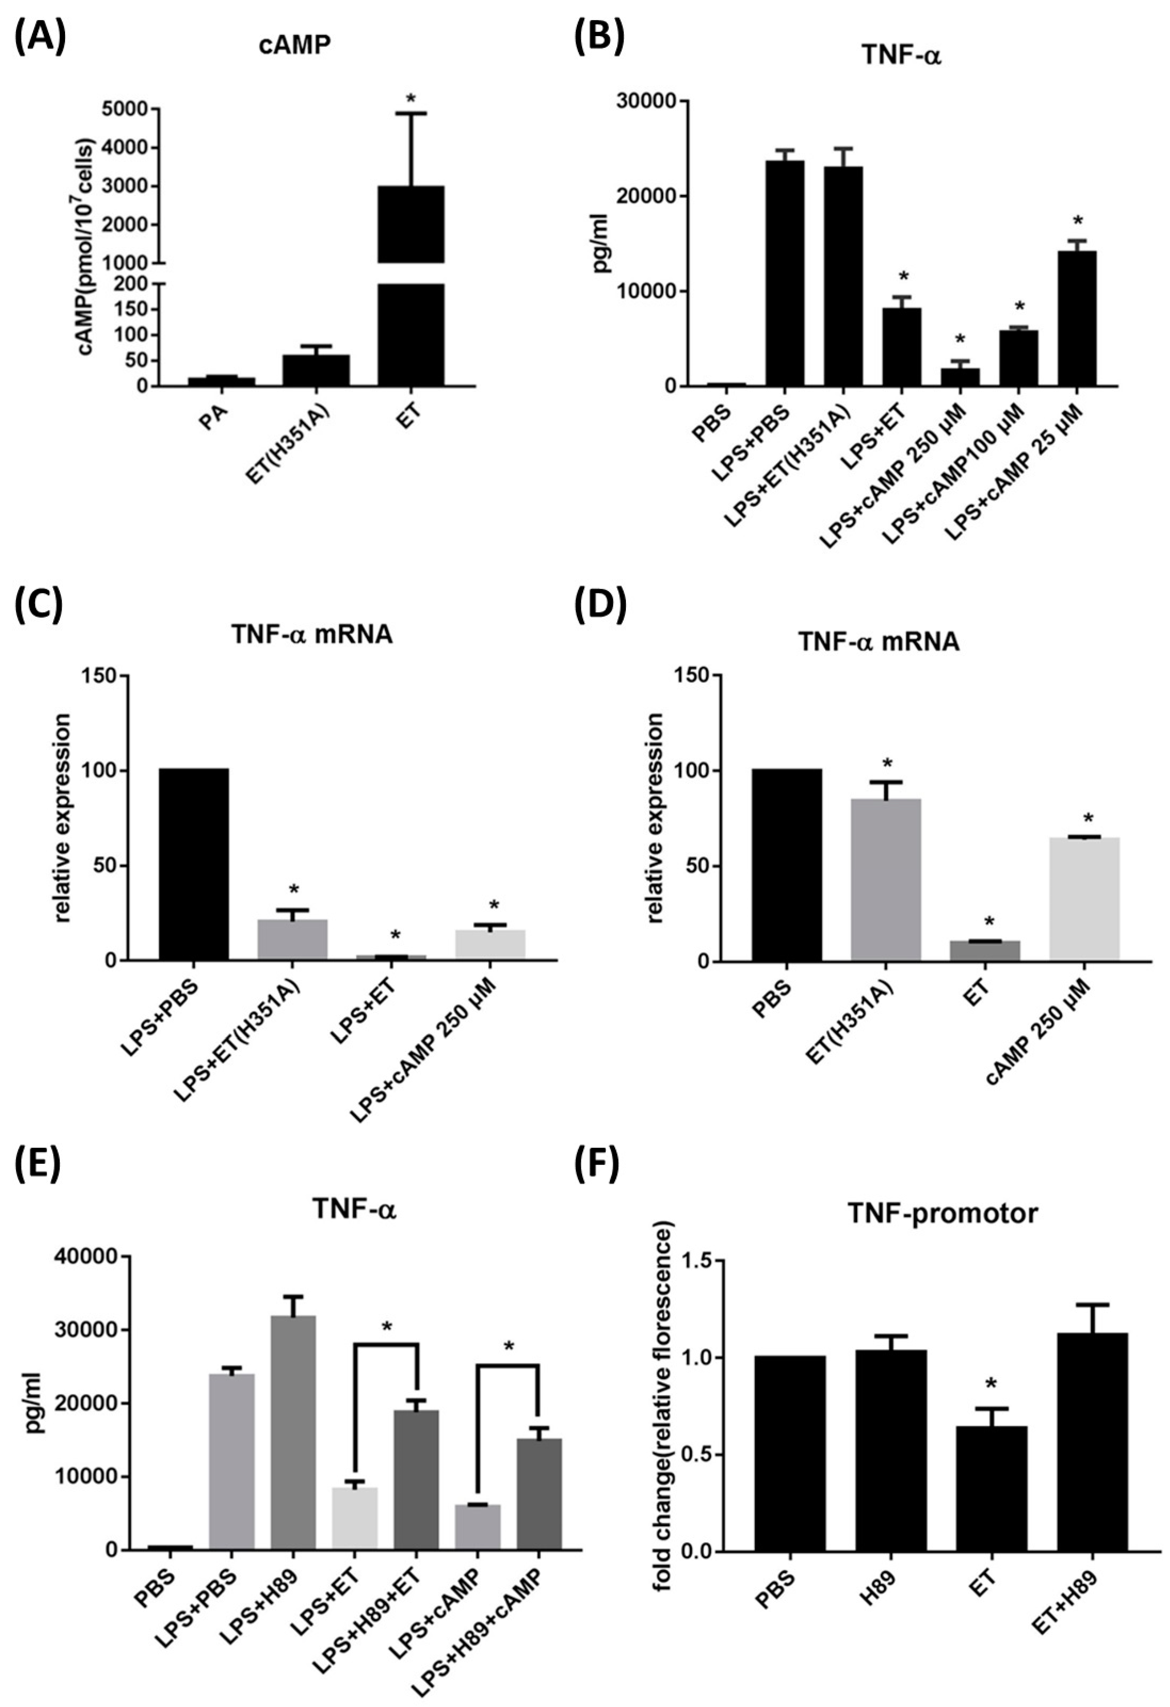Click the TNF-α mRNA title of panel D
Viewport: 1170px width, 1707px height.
(879, 641)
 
